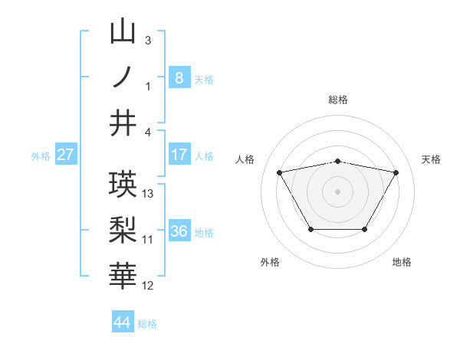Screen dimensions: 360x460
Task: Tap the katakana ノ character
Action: click(x=123, y=77)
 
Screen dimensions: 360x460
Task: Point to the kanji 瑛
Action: click(x=123, y=184)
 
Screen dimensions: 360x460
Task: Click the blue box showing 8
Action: click(x=179, y=77)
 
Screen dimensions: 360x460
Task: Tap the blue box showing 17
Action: click(x=179, y=155)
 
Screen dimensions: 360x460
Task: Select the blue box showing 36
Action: click(x=179, y=231)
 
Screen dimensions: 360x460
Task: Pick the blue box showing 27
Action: click(x=65, y=155)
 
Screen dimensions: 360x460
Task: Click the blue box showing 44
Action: click(x=122, y=322)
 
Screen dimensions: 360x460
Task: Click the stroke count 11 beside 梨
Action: click(x=148, y=239)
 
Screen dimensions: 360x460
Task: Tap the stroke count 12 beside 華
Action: click(x=148, y=286)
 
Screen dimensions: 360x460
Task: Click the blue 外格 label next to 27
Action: click(x=41, y=156)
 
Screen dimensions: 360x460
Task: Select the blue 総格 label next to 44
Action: click(x=147, y=324)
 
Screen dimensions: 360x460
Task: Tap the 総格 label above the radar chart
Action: click(x=337, y=100)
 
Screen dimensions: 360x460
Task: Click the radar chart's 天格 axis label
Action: click(x=431, y=159)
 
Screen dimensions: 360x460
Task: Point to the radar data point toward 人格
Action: click(x=279, y=172)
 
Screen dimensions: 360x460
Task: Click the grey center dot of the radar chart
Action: click(x=337, y=191)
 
